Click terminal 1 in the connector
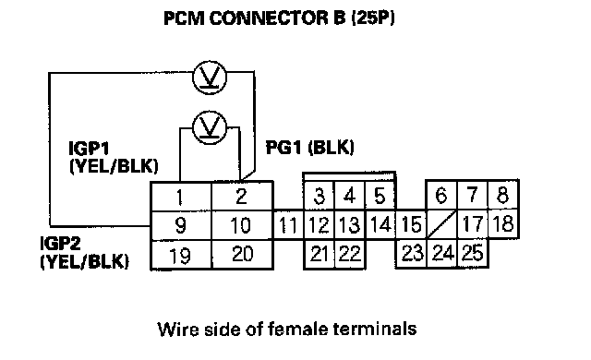pos(181,197)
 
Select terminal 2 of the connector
pos(242,197)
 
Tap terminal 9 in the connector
pos(181,225)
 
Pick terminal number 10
pos(242,225)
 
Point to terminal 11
pos(288,225)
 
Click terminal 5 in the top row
pos(380,196)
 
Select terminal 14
pos(380,224)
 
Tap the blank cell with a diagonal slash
pos(441,224)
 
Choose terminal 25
pos(473,253)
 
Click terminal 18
pos(503,224)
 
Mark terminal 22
pos(350,254)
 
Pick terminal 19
pos(181,255)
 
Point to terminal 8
pos(503,195)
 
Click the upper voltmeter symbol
pos(210,78)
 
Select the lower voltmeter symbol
pos(210,127)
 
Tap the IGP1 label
pos(89,149)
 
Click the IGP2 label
pos(60,244)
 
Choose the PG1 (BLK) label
pos(310,148)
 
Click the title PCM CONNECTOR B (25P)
pos(279,18)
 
